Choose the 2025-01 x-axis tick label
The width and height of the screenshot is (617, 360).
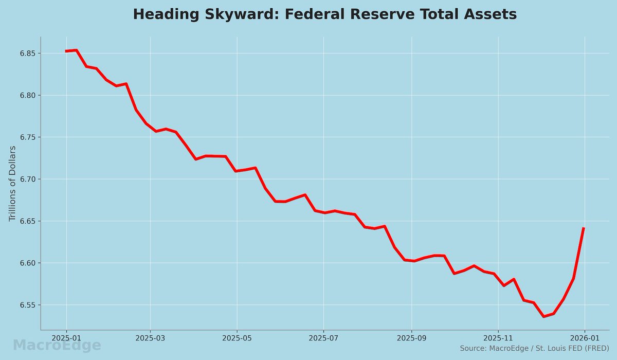[66, 339]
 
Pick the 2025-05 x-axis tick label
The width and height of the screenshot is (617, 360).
[237, 339]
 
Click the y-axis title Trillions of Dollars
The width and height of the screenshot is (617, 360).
[13, 184]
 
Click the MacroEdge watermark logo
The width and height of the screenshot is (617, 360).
[57, 346]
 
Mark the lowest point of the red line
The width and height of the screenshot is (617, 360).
[543, 316]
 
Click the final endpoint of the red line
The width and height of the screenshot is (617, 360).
[584, 228]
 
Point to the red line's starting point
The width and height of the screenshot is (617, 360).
[66, 51]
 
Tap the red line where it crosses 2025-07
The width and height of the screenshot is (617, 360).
[324, 212]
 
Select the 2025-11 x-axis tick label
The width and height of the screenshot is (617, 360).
[498, 339]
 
